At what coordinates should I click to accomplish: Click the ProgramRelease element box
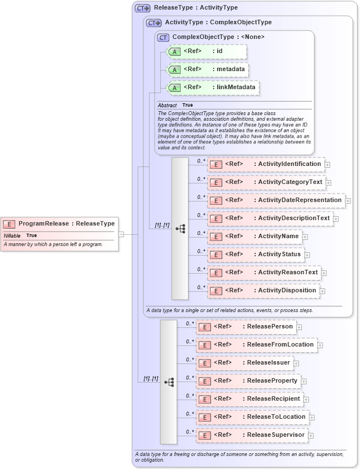tap(60, 223)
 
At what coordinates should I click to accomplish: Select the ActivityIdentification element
tap(265, 164)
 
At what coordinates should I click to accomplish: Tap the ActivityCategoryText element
tap(266, 182)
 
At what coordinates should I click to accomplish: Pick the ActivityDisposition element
tap(263, 291)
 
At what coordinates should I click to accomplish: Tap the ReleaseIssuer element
tap(244, 363)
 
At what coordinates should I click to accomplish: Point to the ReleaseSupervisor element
tap(251, 435)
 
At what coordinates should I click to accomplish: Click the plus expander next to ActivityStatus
tap(308, 255)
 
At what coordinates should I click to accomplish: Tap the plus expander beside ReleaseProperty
tap(304, 382)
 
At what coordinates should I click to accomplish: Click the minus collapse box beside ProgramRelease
tap(121, 234)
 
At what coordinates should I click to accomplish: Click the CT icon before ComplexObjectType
tap(163, 37)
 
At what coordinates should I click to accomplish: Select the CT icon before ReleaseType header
tap(142, 8)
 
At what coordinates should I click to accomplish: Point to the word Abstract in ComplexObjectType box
tap(167, 106)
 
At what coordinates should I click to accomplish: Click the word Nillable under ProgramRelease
tap(12, 235)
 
